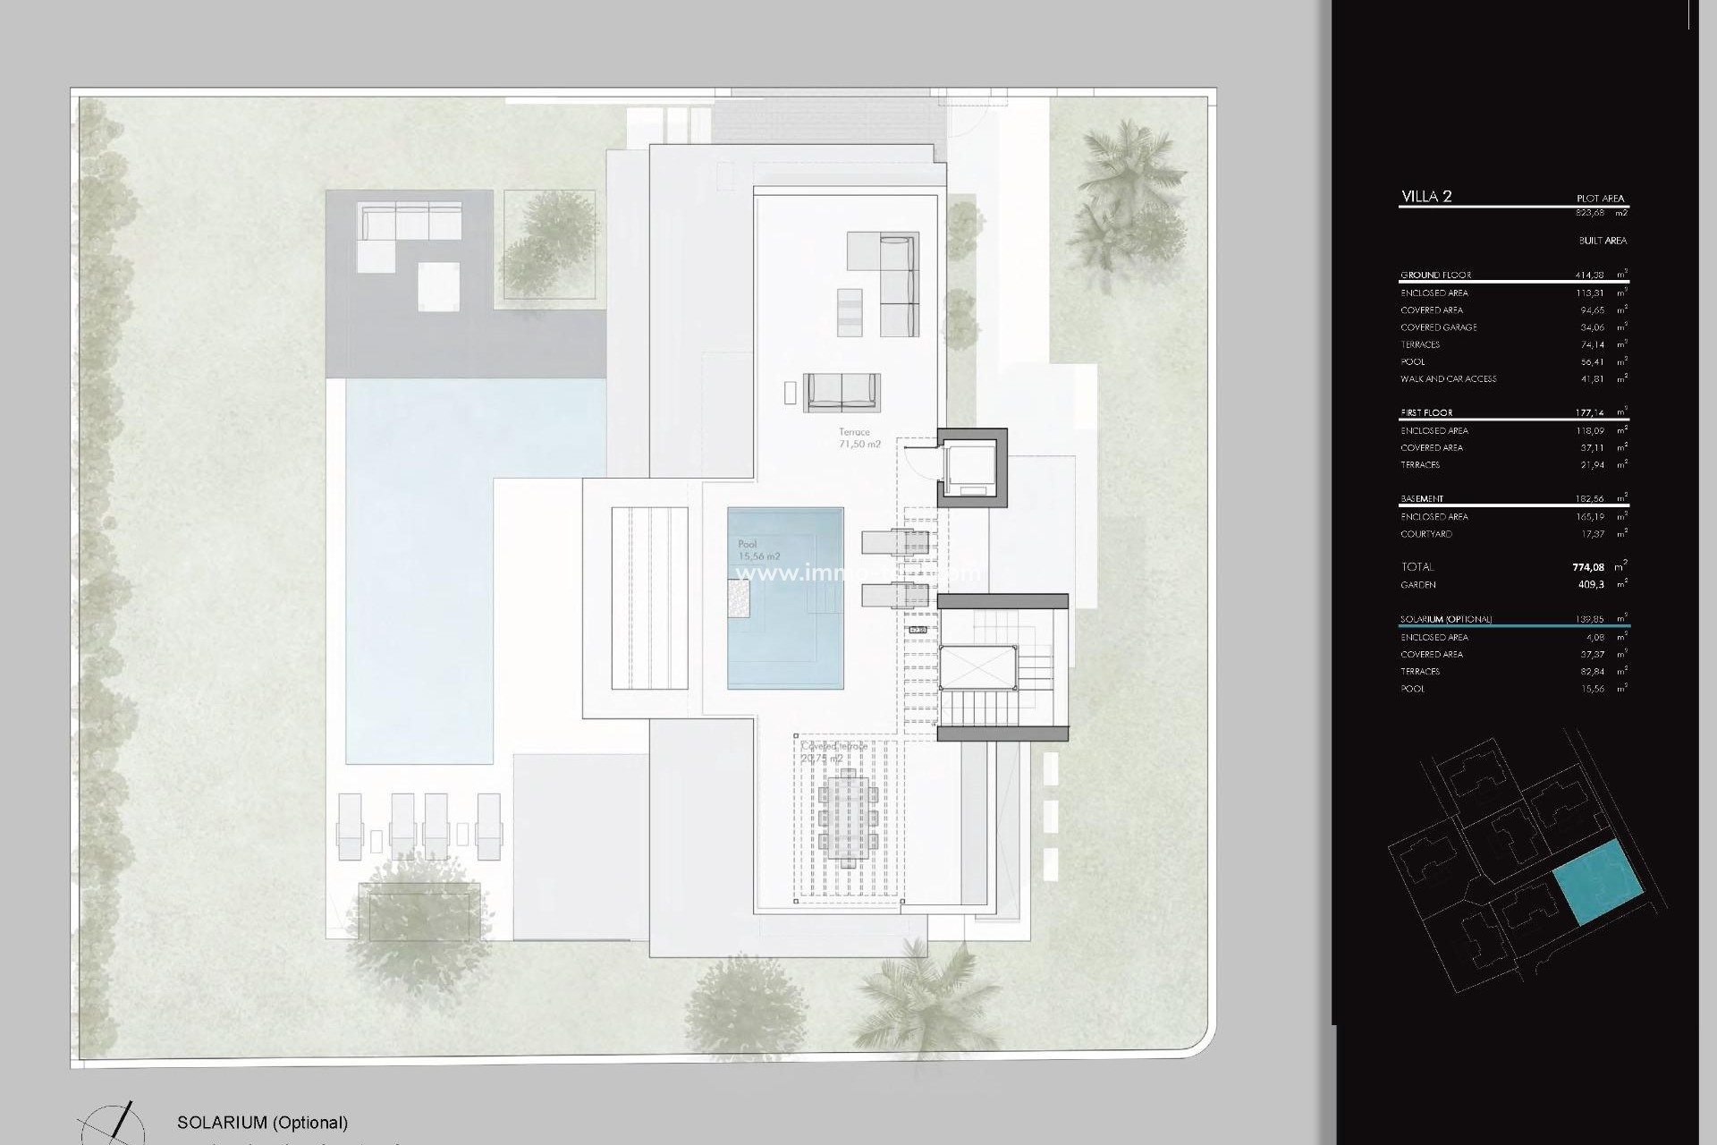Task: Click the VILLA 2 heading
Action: [x=1426, y=197]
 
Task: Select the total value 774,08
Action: [x=1588, y=567]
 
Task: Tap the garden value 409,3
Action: [x=1591, y=585]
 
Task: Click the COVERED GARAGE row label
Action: [x=1439, y=327]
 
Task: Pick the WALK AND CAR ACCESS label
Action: [x=1448, y=379]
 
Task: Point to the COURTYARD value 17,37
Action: [x=1592, y=534]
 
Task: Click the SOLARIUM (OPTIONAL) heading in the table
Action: [x=1446, y=619]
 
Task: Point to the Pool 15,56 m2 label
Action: [x=758, y=550]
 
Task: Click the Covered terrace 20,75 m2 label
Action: [x=833, y=752]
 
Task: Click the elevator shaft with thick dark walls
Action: [x=972, y=468]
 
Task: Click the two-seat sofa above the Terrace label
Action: [x=842, y=392]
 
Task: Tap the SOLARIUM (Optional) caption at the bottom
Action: [x=262, y=1123]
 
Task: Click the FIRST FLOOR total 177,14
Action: [x=1589, y=413]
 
